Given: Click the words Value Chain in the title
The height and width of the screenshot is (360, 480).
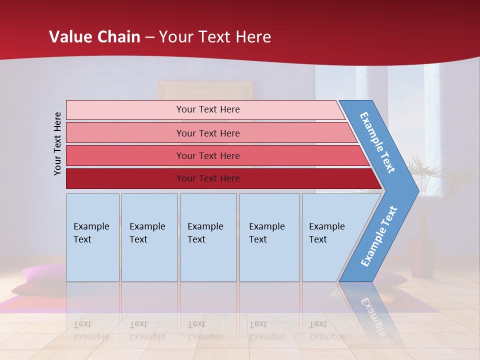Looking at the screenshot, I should [94, 36].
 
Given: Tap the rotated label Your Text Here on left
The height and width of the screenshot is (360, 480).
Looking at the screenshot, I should [57, 143].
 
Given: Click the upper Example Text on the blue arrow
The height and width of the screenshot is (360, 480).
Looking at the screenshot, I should [377, 142].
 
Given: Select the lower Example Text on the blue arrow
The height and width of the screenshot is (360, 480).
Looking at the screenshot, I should [379, 236].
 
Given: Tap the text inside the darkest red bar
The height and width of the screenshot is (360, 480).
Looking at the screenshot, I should [208, 178].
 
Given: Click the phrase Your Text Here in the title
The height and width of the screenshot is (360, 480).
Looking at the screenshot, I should [215, 36].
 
